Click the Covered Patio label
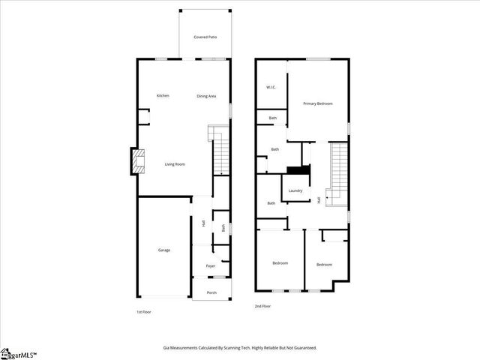point(205,37)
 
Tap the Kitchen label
point(163,96)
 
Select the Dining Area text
point(207,96)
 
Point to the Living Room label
point(175,163)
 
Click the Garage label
point(163,250)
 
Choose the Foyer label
point(211,266)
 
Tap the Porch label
point(211,292)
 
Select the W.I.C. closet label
point(271,88)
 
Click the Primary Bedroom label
point(317,103)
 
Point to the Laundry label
point(295,190)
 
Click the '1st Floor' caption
point(143,311)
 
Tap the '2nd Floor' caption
point(262,307)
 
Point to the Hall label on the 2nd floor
point(319,199)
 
